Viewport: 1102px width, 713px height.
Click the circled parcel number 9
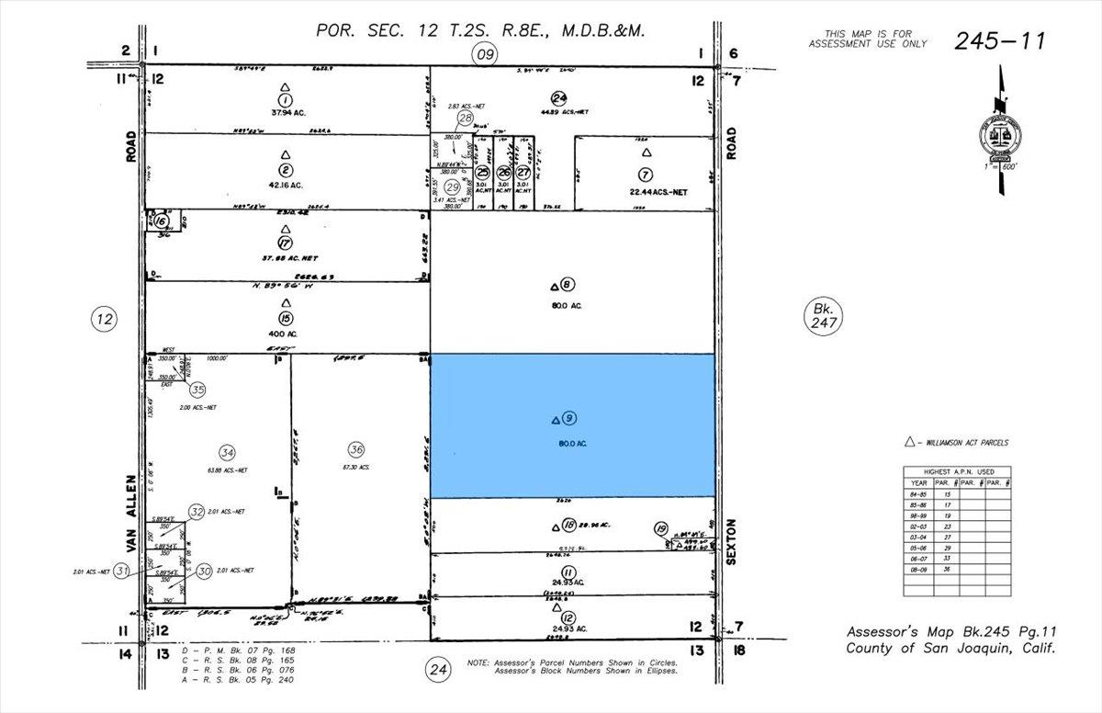coord(569,419)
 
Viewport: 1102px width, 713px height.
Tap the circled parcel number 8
coord(568,285)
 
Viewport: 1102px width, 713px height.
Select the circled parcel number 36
coord(356,449)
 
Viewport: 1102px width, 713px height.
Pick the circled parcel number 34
coord(227,451)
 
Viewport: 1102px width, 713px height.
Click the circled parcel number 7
coord(647,174)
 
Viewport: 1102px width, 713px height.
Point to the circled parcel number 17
coord(285,243)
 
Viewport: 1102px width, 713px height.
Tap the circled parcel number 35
coord(197,389)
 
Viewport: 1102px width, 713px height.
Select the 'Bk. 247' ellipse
coord(819,317)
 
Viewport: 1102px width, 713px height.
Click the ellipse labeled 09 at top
coord(485,54)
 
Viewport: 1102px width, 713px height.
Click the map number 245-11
coord(999,40)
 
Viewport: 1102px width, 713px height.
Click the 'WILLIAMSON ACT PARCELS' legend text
coord(965,443)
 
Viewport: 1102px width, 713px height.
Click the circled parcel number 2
coord(286,170)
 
